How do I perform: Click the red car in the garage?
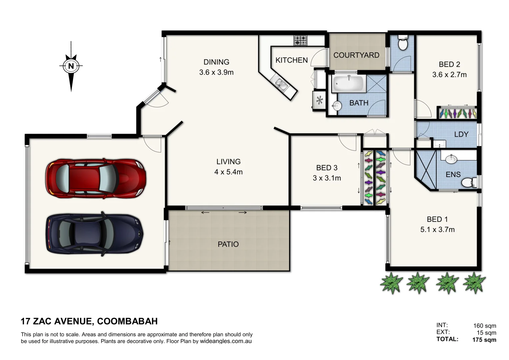96,177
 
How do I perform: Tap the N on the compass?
71,66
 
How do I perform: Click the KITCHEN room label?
291,60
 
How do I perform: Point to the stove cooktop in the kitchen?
300,41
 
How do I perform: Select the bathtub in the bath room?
348,83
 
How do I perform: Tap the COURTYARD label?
356,55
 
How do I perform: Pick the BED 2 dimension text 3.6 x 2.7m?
449,75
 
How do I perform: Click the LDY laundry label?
461,134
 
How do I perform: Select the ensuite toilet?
469,183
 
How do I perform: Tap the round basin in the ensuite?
451,159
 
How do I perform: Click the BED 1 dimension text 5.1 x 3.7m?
437,230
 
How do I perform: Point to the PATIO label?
228,244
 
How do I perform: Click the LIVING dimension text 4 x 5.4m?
228,172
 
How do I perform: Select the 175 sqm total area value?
484,340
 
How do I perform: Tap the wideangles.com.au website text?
226,341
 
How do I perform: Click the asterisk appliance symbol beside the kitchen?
319,100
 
